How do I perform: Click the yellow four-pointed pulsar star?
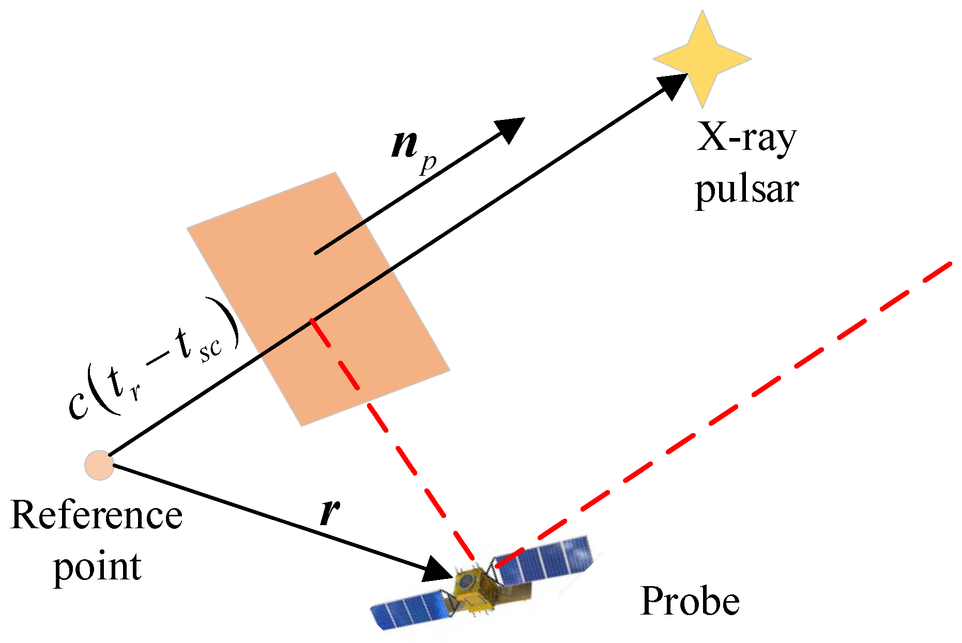tap(703, 58)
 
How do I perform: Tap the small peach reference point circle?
tap(99, 465)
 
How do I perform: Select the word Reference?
tap(97, 516)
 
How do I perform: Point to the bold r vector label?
tap(329, 512)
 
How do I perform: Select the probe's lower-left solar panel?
tap(408, 610)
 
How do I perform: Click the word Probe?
tap(690, 602)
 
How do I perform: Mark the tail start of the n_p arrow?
tap(316, 253)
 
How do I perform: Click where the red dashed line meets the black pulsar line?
tap(311, 320)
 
